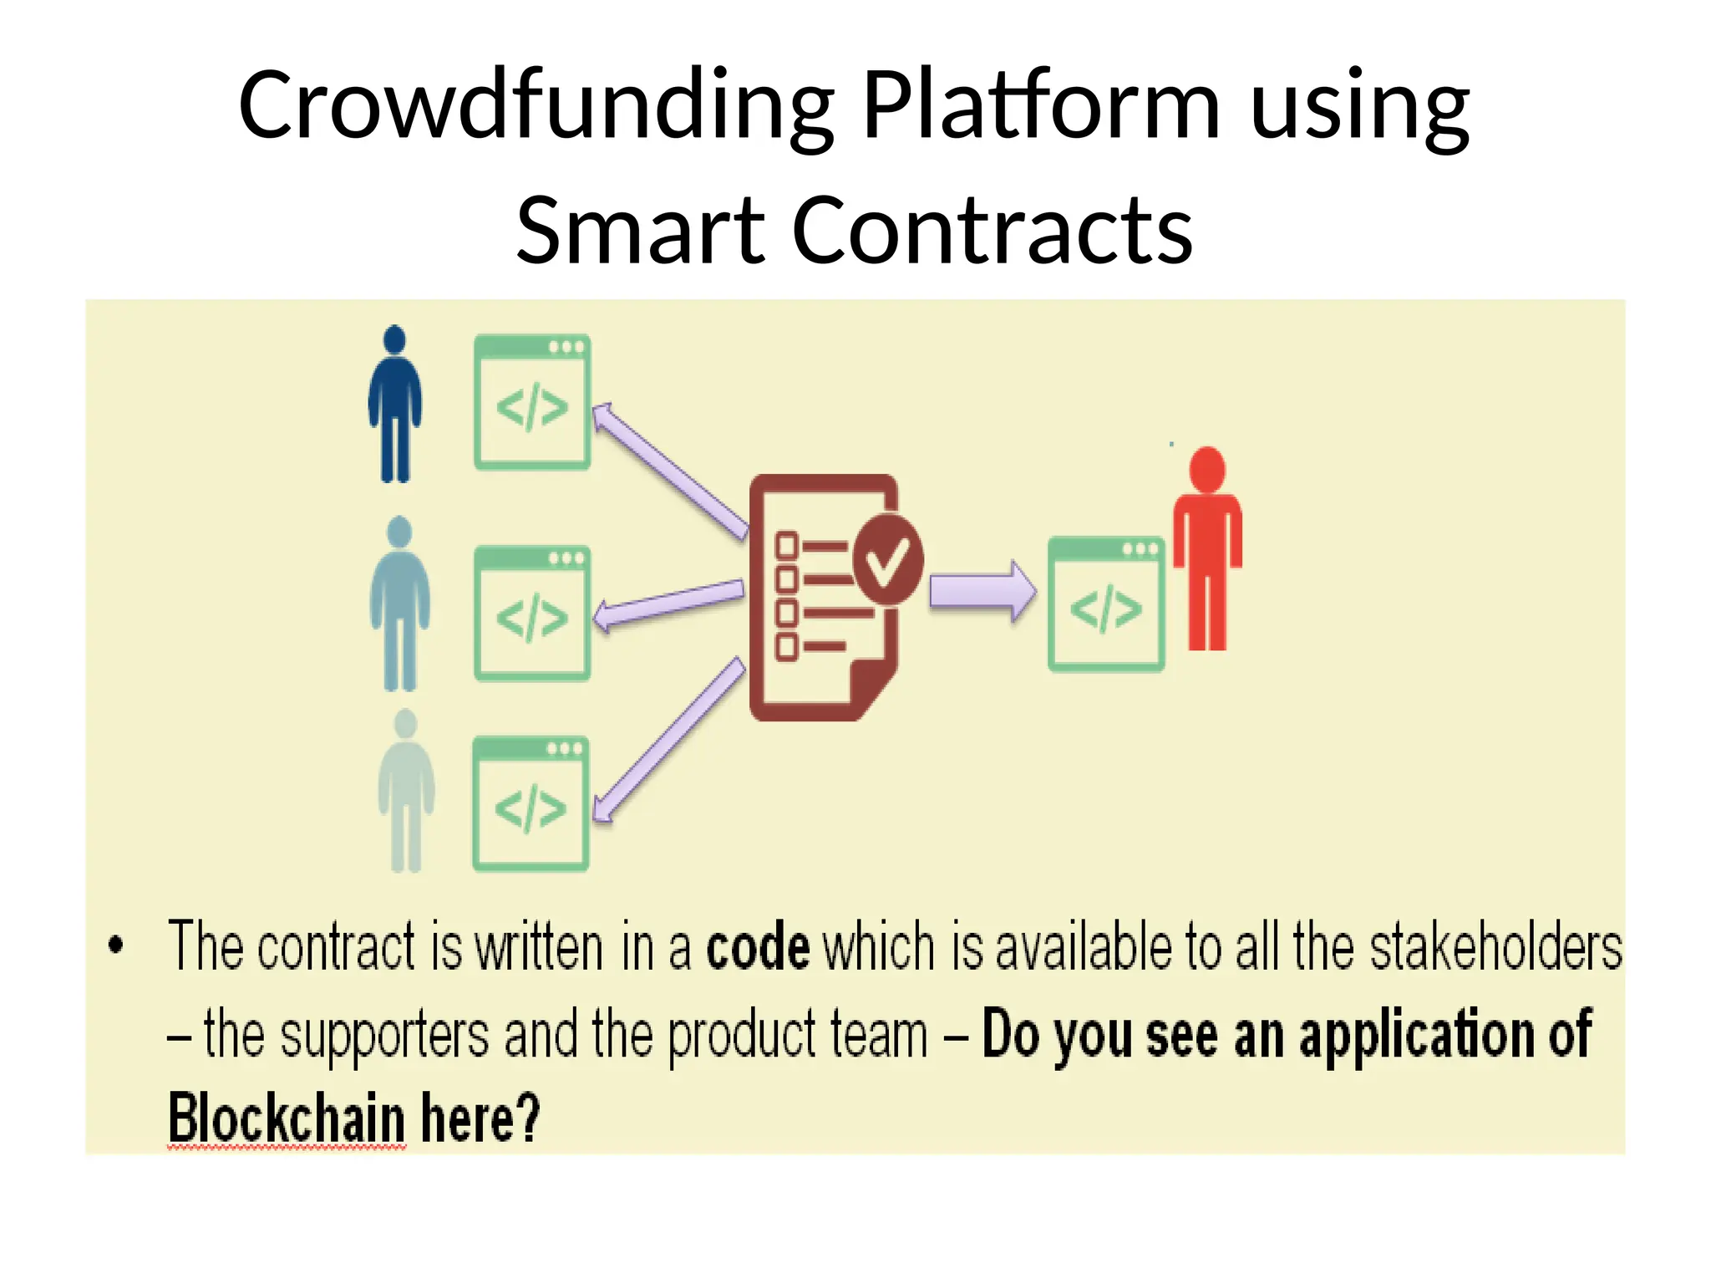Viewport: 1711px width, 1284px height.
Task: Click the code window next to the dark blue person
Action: point(532,402)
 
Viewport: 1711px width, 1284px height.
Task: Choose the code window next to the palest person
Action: point(531,804)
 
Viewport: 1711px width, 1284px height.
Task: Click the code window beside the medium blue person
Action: point(532,614)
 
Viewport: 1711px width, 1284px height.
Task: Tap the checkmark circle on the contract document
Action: point(887,558)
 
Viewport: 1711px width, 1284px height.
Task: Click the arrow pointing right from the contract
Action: point(982,592)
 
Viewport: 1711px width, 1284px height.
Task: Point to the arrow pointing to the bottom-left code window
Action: point(668,739)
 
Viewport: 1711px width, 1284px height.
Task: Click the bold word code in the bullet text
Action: point(758,948)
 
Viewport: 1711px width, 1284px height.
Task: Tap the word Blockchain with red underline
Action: point(287,1118)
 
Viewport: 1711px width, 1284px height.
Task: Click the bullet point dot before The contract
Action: point(116,945)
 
